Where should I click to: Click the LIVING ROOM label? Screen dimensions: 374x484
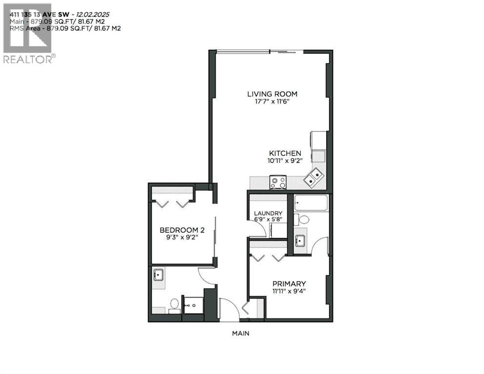tap(272, 94)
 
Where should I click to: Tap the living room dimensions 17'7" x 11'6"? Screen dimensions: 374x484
tap(272, 102)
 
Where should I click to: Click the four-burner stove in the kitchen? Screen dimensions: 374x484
tap(279, 183)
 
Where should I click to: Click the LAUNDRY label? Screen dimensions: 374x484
tap(268, 213)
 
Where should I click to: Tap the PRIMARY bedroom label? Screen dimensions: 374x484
tap(289, 284)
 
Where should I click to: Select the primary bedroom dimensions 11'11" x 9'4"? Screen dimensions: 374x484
tap(289, 292)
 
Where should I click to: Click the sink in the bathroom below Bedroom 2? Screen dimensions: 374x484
tap(158, 275)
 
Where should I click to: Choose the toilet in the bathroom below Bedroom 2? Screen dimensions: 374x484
tap(174, 305)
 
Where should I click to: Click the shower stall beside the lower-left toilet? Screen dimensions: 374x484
tap(193, 304)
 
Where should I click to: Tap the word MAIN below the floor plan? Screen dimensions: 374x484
tap(240, 334)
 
